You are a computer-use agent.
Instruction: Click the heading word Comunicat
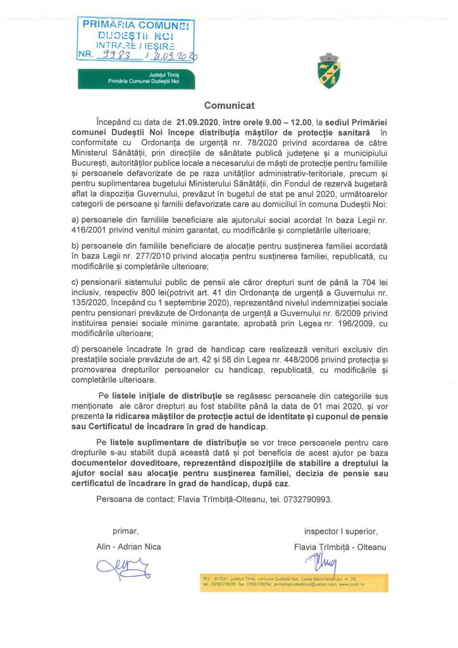[229, 105]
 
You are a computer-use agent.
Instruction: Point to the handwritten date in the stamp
[174, 55]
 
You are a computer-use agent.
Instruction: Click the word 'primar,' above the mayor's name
[125, 530]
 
